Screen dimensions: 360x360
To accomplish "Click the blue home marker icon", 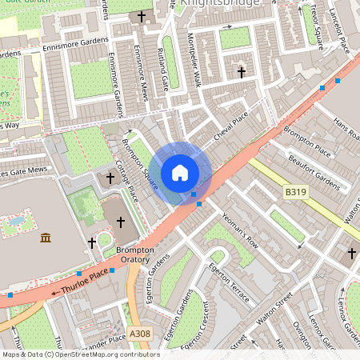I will click(180, 173).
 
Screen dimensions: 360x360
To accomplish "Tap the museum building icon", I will click(46, 238).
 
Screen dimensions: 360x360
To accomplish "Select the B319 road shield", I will click(295, 192).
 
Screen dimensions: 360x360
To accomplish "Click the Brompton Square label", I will click(138, 165).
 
